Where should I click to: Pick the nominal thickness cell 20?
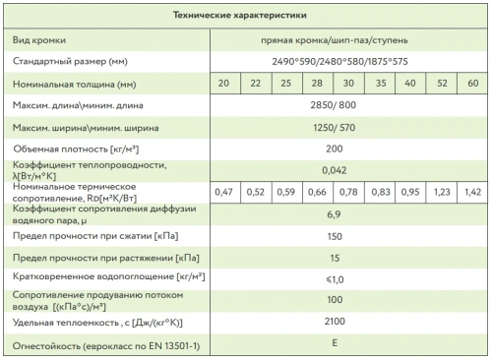click(x=223, y=84)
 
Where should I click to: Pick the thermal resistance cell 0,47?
click(x=223, y=191)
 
